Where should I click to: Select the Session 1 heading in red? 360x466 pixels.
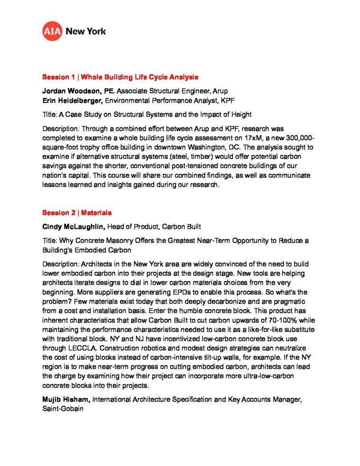click(120, 77)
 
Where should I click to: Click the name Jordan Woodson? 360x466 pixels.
click(71, 90)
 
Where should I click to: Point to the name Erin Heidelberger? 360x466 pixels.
click(72, 100)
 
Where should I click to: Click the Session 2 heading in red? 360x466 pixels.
click(77, 213)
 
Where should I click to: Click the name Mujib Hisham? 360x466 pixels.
click(65, 400)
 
